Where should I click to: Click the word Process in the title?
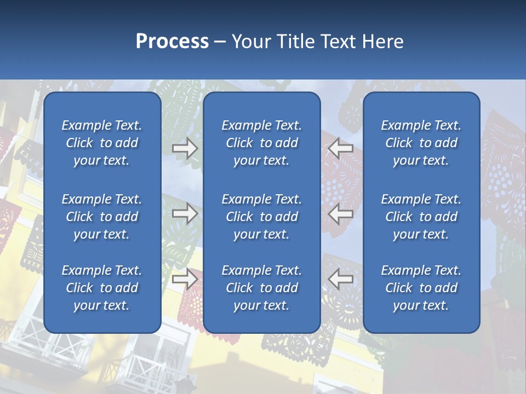172,42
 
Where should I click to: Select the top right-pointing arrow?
185,148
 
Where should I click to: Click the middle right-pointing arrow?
185,213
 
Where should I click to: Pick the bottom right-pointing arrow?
185,279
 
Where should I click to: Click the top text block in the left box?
102,143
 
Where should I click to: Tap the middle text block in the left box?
102,217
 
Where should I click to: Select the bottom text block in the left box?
102,288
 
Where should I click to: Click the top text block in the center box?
262,143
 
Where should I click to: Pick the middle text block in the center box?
262,217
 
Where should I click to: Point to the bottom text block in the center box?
262,288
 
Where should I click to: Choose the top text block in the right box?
421,143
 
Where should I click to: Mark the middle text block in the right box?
421,217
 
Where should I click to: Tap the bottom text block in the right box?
421,288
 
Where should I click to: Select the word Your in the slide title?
250,42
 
